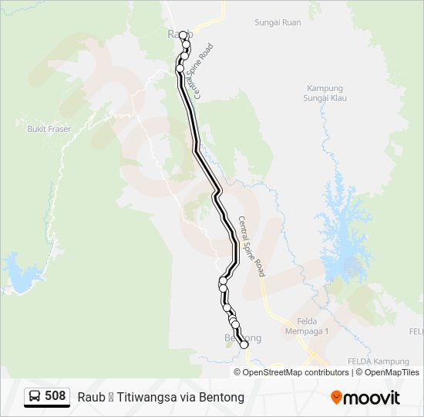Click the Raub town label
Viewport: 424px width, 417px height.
coord(176,35)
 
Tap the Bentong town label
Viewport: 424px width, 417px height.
coord(242,338)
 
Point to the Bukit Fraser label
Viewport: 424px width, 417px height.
coord(49,129)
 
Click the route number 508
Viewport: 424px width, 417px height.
coord(55,396)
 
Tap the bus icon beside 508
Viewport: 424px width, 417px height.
coord(35,397)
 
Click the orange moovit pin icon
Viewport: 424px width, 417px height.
coord(337,398)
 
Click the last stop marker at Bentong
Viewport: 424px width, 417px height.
coord(245,345)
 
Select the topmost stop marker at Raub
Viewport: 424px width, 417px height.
coord(183,35)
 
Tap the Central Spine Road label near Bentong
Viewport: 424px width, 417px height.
coord(252,246)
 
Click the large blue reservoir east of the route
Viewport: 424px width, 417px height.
coord(344,232)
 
